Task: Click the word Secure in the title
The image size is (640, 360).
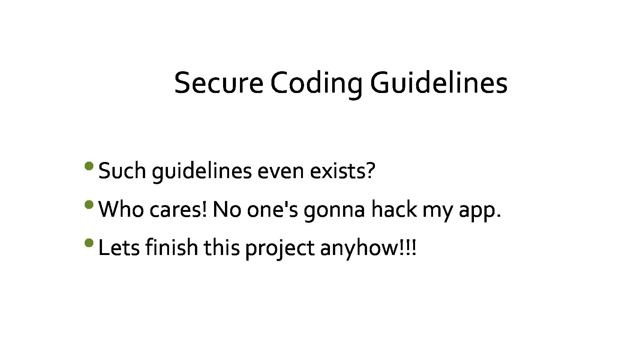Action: pyautogui.click(x=219, y=83)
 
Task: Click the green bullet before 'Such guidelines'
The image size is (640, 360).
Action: pyautogui.click(x=89, y=166)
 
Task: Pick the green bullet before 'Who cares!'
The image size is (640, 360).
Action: pyautogui.click(x=89, y=205)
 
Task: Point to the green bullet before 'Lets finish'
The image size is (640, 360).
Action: pyautogui.click(x=89, y=243)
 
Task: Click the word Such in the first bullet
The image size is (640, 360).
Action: pyautogui.click(x=122, y=171)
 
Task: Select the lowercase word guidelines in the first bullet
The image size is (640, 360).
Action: pyautogui.click(x=202, y=172)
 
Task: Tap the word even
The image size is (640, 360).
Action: pyautogui.click(x=281, y=172)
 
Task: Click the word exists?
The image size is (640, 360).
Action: pyautogui.click(x=343, y=171)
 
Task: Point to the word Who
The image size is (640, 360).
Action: pyautogui.click(x=121, y=209)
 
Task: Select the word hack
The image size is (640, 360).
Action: pyautogui.click(x=394, y=209)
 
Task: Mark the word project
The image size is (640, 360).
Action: pyautogui.click(x=280, y=249)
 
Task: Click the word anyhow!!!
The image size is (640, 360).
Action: pyautogui.click(x=368, y=249)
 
